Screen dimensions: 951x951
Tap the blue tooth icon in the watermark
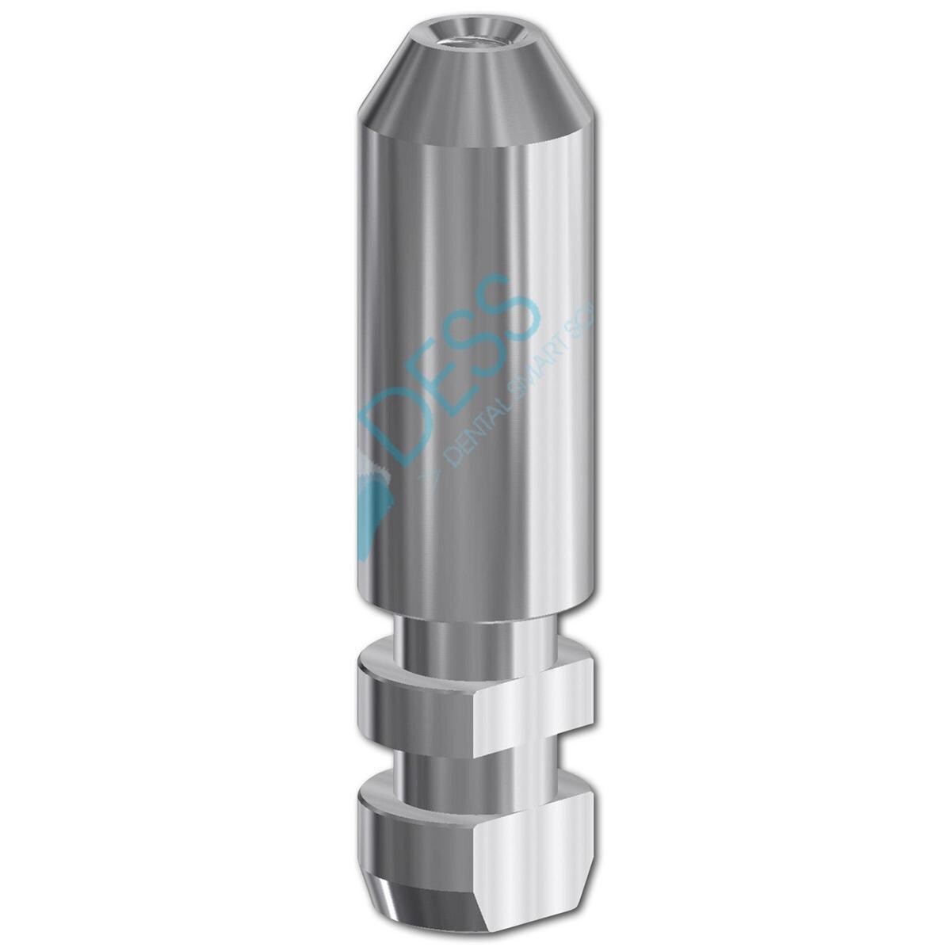tap(372, 483)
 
